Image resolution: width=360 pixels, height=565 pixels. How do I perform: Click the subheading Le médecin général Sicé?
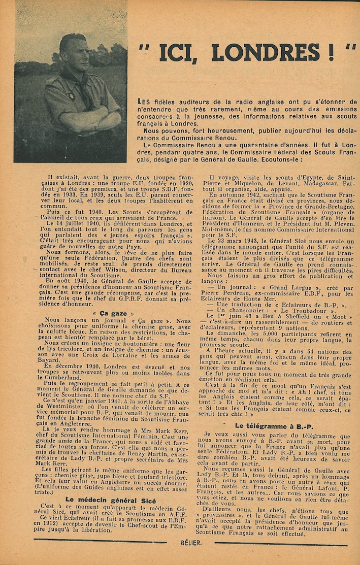(x=107, y=500)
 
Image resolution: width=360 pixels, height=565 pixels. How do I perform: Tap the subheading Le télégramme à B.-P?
(x=274, y=426)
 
